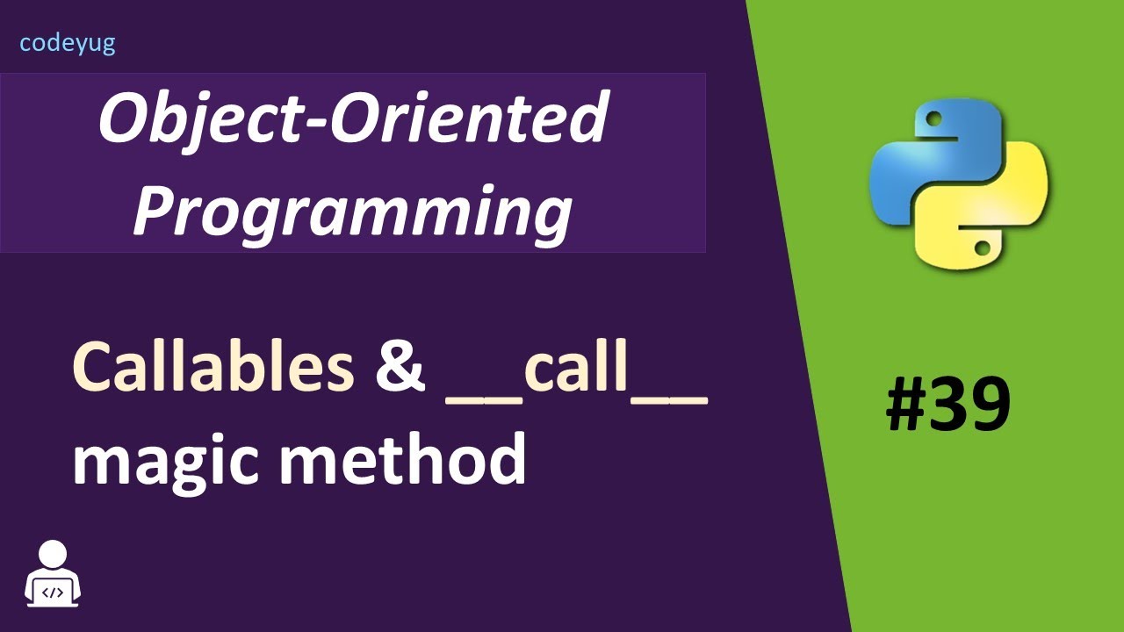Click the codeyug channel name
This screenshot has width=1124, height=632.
pyautogui.click(x=68, y=43)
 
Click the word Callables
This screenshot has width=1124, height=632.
pyautogui.click(x=213, y=367)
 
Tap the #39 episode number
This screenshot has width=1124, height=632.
pyautogui.click(x=947, y=406)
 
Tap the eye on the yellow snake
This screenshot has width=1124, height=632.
pyautogui.click(x=983, y=250)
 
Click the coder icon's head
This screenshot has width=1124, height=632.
pyautogui.click(x=54, y=555)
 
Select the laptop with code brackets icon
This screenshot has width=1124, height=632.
pyautogui.click(x=54, y=592)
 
